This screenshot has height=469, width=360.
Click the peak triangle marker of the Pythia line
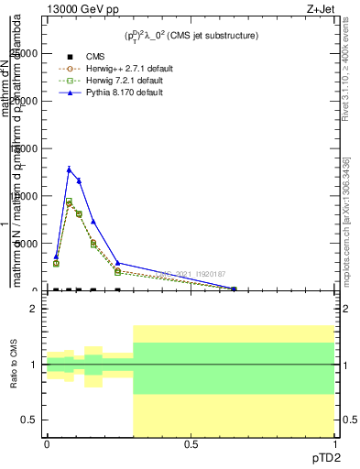coord(69,169)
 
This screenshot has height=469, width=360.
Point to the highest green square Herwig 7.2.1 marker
coord(69,201)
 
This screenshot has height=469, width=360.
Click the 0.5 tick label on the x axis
coord(191,445)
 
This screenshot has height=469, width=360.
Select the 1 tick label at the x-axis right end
coord(333,445)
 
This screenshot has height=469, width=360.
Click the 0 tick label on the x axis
coord(47,445)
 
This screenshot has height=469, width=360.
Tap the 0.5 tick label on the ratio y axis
coord(29,420)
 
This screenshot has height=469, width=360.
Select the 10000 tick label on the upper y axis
coord(25,196)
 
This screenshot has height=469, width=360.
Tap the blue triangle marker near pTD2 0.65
coord(234,289)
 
